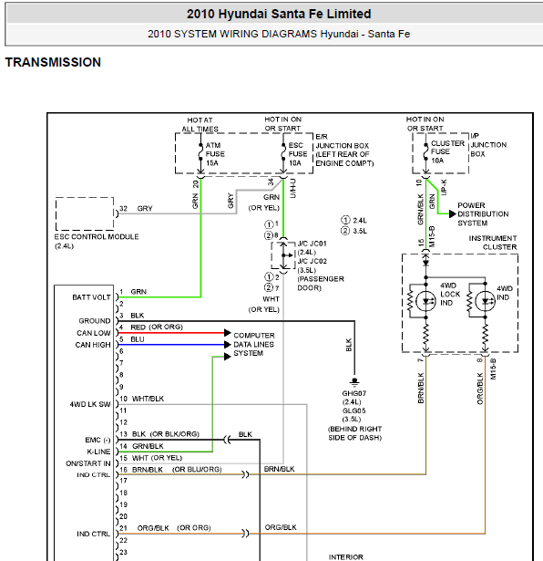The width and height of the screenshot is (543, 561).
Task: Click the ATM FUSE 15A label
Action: point(215,154)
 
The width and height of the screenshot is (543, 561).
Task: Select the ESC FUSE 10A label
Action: point(298,154)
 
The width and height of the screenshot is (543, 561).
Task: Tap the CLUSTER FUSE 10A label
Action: point(447,152)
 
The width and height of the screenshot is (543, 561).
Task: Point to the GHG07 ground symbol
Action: point(354,381)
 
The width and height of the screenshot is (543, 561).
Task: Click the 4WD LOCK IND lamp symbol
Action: point(425,301)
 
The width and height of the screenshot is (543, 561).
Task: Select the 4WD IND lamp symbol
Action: point(485,301)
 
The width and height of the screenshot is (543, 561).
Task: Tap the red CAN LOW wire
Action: point(171,333)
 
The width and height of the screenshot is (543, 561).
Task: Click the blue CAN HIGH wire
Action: point(171,345)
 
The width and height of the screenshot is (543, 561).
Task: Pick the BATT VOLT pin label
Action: point(91,297)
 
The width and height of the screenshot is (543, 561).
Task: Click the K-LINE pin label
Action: point(98,452)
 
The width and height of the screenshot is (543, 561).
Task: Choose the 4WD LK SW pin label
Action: point(90,404)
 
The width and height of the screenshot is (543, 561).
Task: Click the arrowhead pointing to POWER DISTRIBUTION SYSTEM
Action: point(453,214)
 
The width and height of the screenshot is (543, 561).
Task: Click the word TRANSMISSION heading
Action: point(53,62)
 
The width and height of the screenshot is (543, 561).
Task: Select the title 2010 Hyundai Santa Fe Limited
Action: point(279,14)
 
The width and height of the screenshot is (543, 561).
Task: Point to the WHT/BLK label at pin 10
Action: point(148,399)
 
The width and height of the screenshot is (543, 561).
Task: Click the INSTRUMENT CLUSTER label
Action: point(493,243)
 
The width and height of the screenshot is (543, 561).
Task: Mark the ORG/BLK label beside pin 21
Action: point(153,528)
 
